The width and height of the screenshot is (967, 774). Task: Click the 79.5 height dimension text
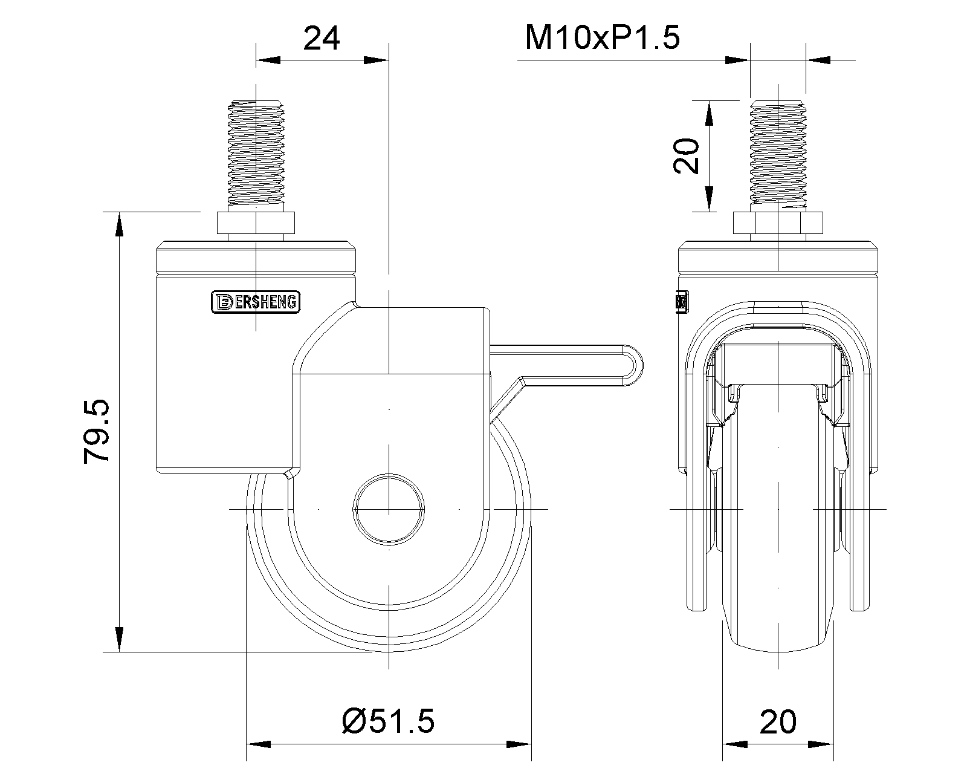click(x=97, y=431)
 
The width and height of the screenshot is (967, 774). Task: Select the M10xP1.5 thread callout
click(x=602, y=37)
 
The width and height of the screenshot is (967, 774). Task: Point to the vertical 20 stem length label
click(x=687, y=155)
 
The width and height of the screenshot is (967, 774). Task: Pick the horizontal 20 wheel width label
click(x=778, y=721)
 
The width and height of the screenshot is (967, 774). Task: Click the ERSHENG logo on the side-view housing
click(x=256, y=302)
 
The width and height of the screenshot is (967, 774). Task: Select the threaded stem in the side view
click(x=256, y=154)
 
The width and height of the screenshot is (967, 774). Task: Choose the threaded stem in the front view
click(x=778, y=154)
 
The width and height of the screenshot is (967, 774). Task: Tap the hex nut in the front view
click(x=778, y=223)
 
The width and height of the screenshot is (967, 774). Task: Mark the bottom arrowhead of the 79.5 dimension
click(x=120, y=639)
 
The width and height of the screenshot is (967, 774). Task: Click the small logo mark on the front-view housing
click(x=682, y=302)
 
